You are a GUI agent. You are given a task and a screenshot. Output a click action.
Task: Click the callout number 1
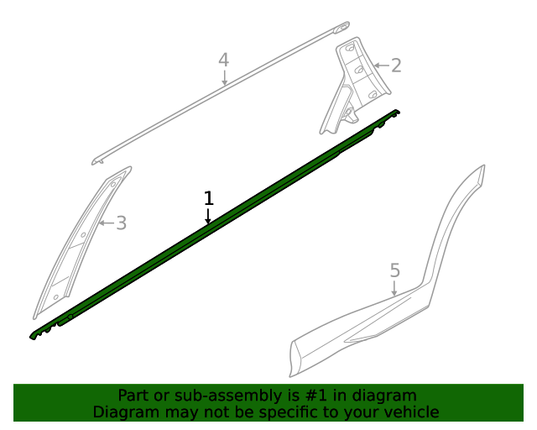click(x=209, y=198)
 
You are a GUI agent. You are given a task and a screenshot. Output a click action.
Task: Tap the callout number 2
click(x=396, y=66)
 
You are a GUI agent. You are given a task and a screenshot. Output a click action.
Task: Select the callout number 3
click(x=121, y=223)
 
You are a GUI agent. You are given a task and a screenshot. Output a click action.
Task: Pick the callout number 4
click(x=224, y=60)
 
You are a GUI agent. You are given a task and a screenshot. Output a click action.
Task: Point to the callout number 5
click(x=395, y=270)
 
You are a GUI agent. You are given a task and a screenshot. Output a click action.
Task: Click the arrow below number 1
click(x=208, y=216)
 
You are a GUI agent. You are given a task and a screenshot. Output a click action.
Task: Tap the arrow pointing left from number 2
click(x=381, y=66)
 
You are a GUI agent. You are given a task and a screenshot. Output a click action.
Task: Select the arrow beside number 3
click(x=107, y=223)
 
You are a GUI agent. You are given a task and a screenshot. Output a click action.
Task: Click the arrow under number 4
click(x=224, y=77)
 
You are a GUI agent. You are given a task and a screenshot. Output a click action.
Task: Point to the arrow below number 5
click(x=394, y=288)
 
